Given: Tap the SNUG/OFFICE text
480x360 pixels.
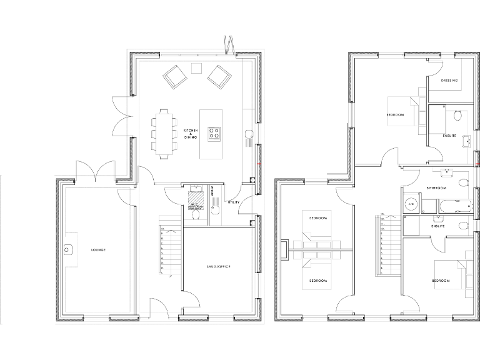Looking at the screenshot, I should coord(219,267).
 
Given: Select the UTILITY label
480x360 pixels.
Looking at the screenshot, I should coord(233,202).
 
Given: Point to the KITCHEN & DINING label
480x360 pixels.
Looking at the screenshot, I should coord(191,133).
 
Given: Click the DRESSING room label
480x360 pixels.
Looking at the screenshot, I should coord(449,81).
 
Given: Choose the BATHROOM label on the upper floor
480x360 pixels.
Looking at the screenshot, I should coord(436,188).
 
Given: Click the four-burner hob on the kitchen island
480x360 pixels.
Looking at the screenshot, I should coord(214,132).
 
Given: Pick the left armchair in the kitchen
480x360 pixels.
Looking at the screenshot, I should coord(174,78).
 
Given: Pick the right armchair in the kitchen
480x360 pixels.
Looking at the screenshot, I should coord(219,77).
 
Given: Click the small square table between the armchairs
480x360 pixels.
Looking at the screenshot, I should coord(197,67).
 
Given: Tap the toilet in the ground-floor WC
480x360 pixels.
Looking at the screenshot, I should coord(196,214).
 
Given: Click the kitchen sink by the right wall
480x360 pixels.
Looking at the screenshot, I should coord(249,132).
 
